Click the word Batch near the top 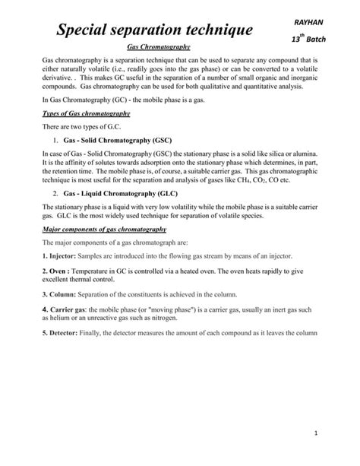[320, 38]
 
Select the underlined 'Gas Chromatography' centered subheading [157, 47]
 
